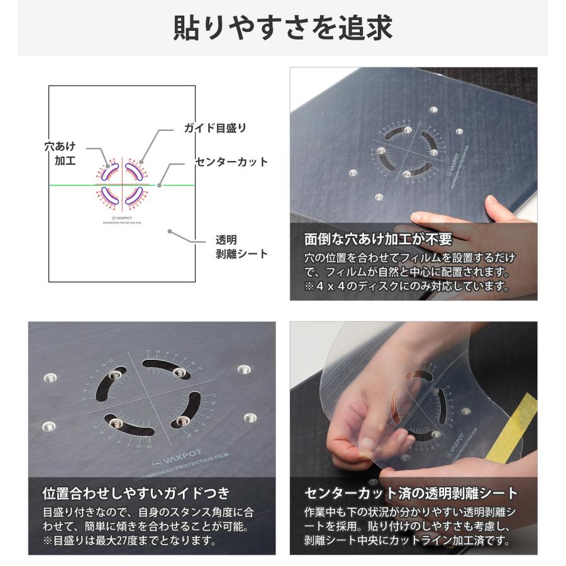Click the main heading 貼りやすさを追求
[282, 28]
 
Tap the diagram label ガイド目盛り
[215, 128]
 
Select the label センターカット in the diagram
[231, 162]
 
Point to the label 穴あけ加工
[61, 153]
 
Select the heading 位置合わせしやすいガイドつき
[136, 492]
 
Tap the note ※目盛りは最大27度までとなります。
[130, 540]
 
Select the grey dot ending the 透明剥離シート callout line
[170, 231]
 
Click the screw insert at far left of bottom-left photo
[50, 378]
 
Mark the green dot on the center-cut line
[159, 185]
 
